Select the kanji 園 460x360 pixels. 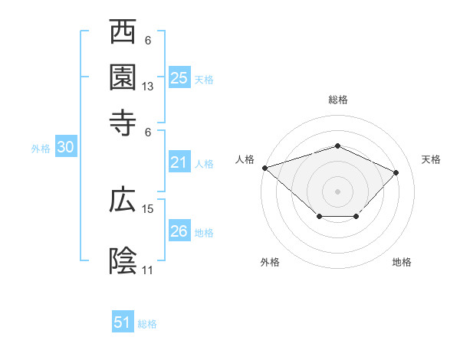click(123, 77)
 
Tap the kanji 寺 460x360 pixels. click(123, 123)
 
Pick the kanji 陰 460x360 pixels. click(123, 261)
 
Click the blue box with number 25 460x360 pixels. click(179, 77)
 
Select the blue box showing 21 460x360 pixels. click(179, 162)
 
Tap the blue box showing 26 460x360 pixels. click(179, 231)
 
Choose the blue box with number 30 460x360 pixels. click(65, 148)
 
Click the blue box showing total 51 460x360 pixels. click(123, 322)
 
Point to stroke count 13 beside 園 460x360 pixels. click(148, 87)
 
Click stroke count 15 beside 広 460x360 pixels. click(148, 208)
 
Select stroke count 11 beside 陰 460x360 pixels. click(148, 270)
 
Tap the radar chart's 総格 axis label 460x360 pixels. click(338, 100)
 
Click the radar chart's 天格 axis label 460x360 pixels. click(432, 159)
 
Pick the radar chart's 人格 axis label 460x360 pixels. click(245, 159)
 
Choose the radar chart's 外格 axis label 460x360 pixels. click(270, 262)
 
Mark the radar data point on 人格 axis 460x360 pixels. click(264, 167)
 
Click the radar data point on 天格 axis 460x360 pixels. click(396, 172)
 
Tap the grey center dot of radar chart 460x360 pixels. click(337, 191)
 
